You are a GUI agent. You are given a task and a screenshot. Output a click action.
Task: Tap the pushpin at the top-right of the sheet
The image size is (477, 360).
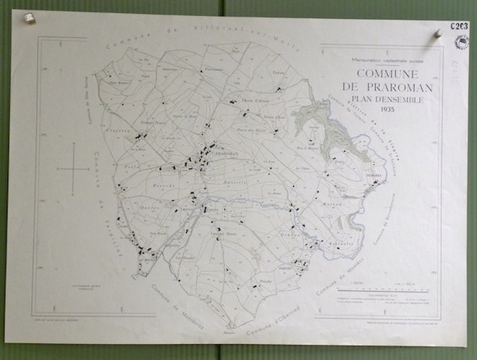tap(436, 33)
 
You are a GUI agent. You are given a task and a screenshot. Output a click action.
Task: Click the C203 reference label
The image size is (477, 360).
tap(460, 25)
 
